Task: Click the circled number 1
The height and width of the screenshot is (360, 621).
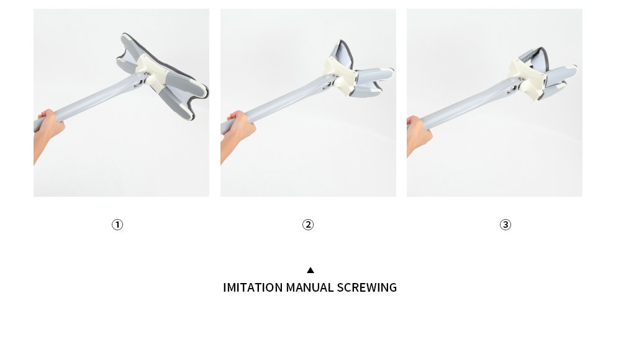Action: pos(117,225)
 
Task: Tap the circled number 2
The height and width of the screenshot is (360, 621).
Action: pos(308,225)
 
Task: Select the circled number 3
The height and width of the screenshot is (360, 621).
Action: pos(505,225)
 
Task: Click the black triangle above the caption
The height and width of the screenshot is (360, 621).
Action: pos(310,270)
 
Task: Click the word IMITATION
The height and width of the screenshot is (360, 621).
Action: pos(253,287)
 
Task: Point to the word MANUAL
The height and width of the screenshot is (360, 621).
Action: pos(310,287)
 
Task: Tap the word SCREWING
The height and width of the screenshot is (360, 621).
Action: pos(367,287)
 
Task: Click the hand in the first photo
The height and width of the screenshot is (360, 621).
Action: pos(50,124)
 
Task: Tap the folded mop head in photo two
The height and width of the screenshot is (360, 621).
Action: pos(356,71)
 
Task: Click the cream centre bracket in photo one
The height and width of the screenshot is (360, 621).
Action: pos(153,73)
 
